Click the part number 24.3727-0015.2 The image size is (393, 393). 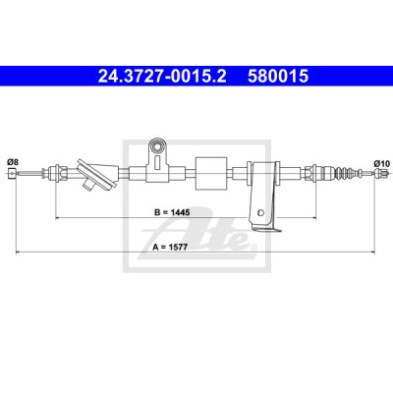tap(162, 77)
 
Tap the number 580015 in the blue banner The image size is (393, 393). tap(278, 77)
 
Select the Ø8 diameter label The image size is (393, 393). tap(13, 162)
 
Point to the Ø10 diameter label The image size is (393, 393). tap(381, 163)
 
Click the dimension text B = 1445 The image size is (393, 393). tap(172, 212)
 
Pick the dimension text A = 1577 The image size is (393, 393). tap(170, 248)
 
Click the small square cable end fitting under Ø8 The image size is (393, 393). tap(12, 173)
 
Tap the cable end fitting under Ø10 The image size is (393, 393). tap(379, 173)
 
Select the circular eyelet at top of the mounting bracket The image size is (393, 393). tap(157, 145)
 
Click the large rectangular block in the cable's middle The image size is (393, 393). tap(211, 173)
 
